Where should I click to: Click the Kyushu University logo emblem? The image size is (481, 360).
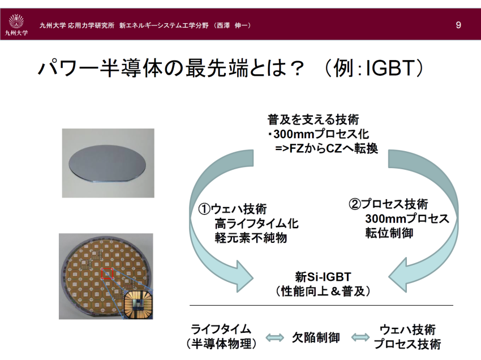(16, 21)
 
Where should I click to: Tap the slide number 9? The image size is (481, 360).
(458, 25)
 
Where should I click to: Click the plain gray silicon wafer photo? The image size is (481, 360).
(108, 163)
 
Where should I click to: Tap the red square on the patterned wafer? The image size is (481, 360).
(108, 273)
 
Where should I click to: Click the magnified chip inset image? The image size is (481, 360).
(138, 304)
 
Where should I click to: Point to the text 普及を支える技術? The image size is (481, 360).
(313, 119)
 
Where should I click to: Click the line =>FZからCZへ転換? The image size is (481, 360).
(327, 148)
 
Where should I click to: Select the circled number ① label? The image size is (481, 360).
(204, 209)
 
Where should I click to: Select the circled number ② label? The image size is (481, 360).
(355, 204)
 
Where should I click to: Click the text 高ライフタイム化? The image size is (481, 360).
(256, 224)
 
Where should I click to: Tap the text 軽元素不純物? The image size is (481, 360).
(251, 238)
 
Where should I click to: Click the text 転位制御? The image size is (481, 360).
(389, 233)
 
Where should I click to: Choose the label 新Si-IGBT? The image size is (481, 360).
(323, 277)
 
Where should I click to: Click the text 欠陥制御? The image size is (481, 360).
(316, 337)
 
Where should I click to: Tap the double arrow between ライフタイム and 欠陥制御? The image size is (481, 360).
(274, 337)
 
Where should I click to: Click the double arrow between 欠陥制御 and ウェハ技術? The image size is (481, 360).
(360, 337)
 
